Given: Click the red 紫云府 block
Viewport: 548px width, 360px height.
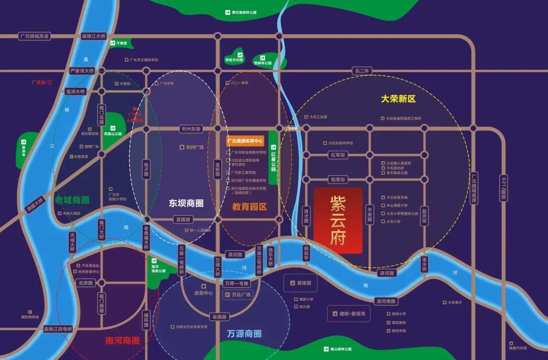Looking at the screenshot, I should coord(338,221).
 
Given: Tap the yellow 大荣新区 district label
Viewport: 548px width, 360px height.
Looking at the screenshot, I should coord(398,99).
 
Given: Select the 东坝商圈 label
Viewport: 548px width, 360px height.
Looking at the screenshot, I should coord(186,203).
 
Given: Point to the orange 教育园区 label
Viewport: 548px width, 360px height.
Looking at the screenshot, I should coord(250,206).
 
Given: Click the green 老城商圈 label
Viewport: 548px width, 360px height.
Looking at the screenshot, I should coord(72,200).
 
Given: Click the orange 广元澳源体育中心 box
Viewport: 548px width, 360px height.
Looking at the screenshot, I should coord(246,141).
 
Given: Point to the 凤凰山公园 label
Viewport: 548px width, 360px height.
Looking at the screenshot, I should coord(113,134).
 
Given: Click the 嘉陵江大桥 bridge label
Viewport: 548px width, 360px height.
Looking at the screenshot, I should coord(93,37).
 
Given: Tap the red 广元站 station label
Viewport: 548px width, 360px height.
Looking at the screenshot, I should coord(39,82).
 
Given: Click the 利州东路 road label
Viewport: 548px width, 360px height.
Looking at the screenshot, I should coord(191,129).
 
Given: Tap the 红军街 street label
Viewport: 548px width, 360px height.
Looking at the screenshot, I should coord(337,154).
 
